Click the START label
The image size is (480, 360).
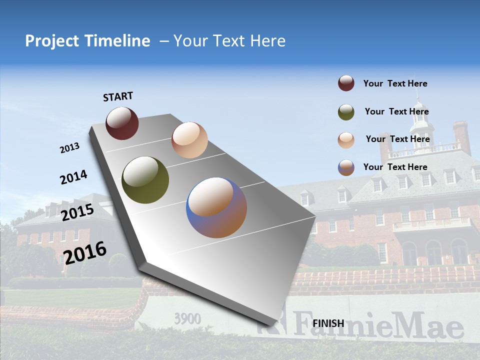point(118,96)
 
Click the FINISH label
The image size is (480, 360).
point(328,323)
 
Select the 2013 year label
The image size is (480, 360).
point(69,148)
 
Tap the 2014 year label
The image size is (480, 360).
point(73,177)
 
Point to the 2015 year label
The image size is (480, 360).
point(77,212)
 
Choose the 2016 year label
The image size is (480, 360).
point(85,252)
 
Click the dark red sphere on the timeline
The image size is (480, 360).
point(122,123)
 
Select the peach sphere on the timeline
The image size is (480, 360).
point(189,140)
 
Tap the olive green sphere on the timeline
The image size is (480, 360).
point(145,180)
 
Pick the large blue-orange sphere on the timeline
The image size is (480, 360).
point(216,207)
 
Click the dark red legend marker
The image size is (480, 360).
point(346,83)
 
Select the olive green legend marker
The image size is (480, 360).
point(346,112)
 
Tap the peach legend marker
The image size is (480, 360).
point(346,139)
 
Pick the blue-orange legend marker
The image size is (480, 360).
point(346,167)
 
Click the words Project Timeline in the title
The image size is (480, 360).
point(87,41)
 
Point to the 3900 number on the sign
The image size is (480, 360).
point(187,318)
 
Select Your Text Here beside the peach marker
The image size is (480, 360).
point(397,139)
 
